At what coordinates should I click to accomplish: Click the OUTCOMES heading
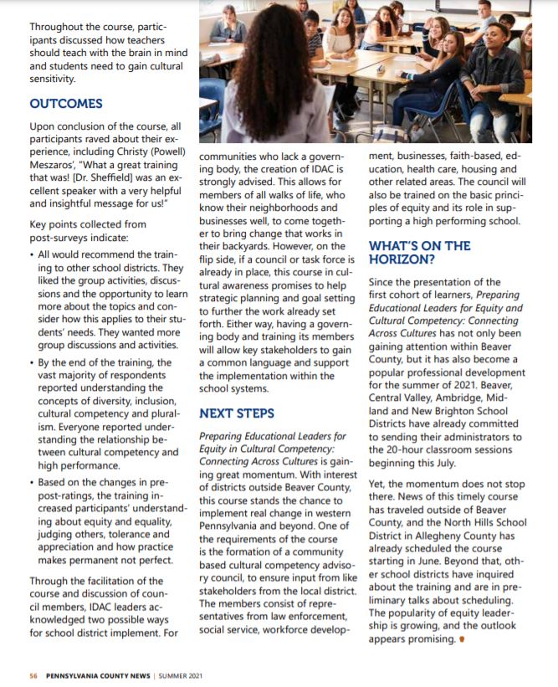coord(66,104)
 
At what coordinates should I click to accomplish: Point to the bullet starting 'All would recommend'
coord(33,254)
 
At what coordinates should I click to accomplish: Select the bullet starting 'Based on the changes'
coord(33,482)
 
